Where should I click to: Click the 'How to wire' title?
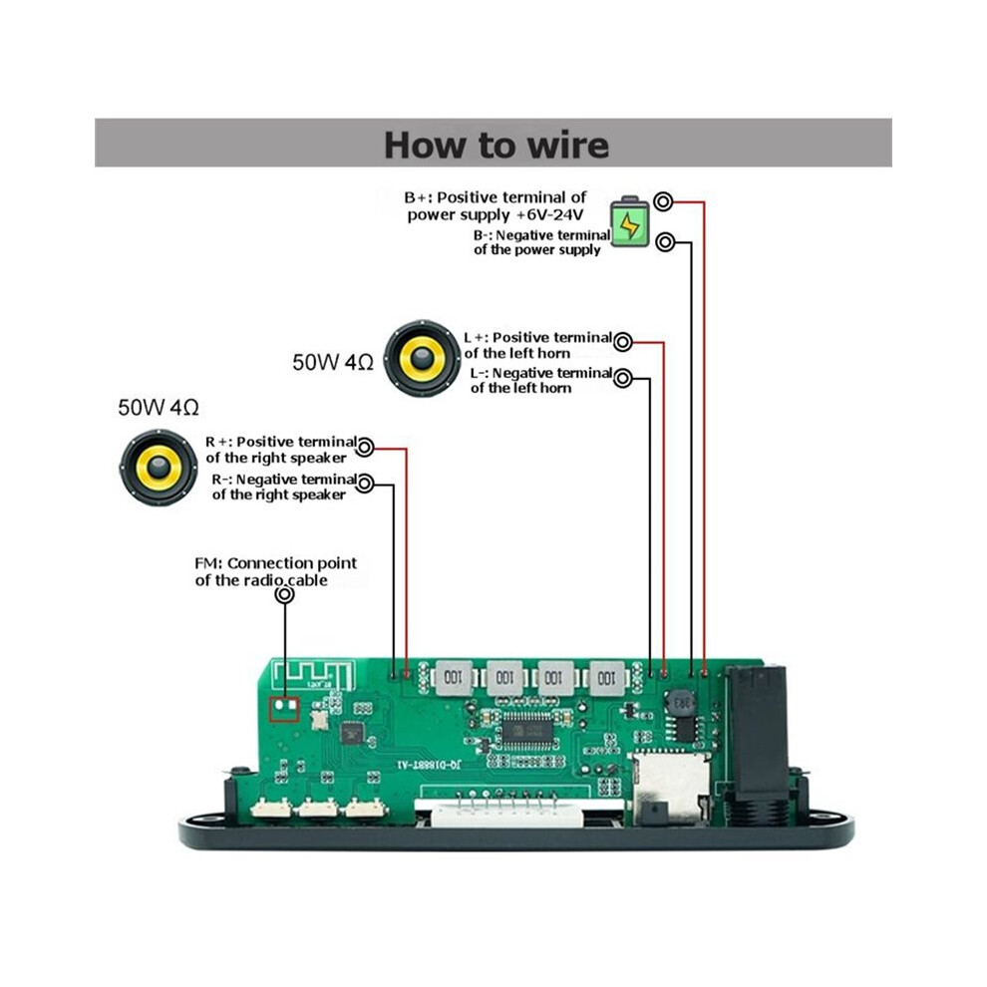496,145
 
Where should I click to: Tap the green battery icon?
630,222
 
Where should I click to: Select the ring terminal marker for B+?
663,201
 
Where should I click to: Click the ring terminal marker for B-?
665,241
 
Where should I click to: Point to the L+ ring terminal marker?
622,342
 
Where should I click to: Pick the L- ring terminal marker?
622,378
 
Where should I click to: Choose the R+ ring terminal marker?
365,448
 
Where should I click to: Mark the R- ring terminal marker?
365,483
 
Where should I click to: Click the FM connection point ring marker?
285,594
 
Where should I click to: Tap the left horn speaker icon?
422,358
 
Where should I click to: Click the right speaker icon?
158,468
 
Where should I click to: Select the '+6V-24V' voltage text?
549,214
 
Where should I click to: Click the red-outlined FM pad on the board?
284,710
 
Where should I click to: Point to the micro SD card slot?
670,788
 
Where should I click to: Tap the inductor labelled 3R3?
680,703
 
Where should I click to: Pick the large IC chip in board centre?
526,732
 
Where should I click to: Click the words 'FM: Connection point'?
276,562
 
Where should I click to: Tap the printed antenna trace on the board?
313,675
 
